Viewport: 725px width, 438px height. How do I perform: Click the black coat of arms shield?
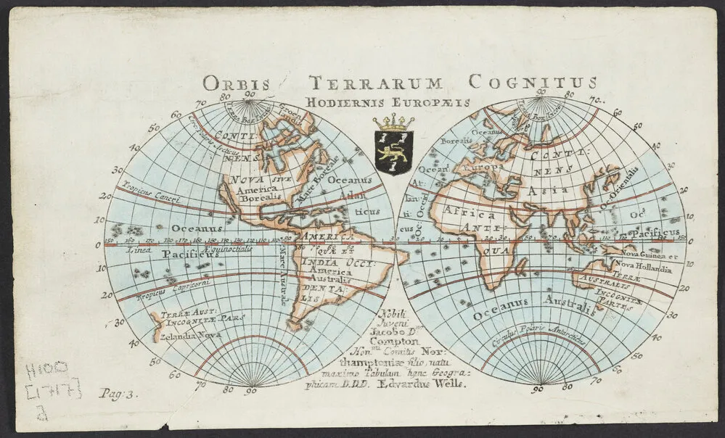tap(393, 149)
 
